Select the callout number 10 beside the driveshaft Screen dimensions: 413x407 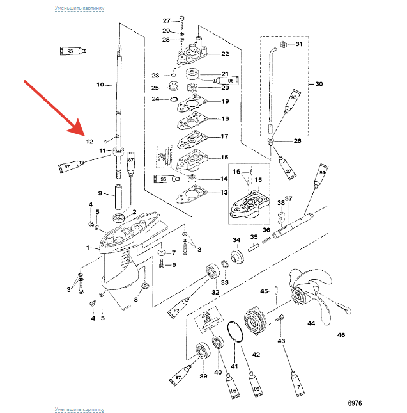[x=100, y=84]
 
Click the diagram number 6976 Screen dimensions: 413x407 [x=355, y=403]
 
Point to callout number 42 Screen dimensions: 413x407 [x=256, y=354]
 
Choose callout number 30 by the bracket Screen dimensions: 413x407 [x=319, y=84]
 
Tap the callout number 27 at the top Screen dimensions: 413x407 [x=166, y=20]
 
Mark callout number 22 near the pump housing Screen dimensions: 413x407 [x=224, y=54]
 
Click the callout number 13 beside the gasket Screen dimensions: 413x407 [x=224, y=192]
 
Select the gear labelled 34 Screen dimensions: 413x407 [x=237, y=259]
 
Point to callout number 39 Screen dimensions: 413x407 [x=204, y=376]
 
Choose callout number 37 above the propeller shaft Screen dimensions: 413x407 [x=289, y=198]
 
